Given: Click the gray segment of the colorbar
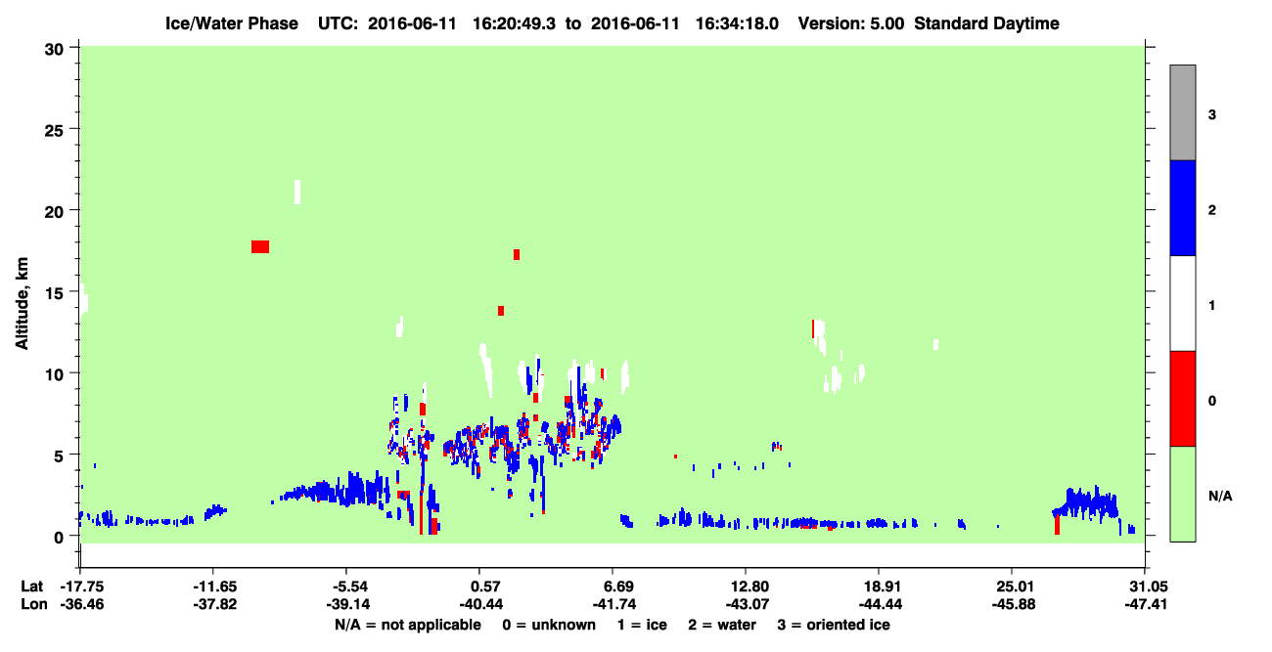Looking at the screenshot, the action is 1182,112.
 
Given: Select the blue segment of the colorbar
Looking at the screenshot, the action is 1182,207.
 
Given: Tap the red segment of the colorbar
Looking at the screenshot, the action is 1182,399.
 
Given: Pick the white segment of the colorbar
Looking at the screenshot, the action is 1182,304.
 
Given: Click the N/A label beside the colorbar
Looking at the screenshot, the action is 1220,496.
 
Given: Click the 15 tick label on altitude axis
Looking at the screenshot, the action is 54,293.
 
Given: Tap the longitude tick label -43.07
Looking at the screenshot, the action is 747,604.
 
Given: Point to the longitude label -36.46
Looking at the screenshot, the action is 82,604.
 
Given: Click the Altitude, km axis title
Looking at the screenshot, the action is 22,303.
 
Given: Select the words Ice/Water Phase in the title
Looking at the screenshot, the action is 232,23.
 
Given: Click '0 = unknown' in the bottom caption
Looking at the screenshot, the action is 549,625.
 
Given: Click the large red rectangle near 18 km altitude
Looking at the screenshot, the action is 260,247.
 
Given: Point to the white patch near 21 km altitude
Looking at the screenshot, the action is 297,192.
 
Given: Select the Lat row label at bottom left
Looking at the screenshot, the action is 32,587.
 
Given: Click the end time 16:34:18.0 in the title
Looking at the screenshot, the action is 737,23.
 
